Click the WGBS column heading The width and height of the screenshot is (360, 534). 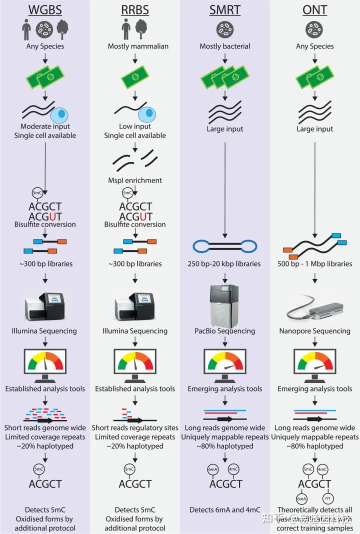point(45,9)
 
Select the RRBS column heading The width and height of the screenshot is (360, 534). point(135,9)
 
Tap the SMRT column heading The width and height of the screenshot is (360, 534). point(225,9)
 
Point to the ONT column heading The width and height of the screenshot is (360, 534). point(315,9)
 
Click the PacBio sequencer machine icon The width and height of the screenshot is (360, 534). point(224,304)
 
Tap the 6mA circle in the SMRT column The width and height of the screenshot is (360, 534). point(212,469)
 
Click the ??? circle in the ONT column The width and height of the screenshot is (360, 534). point(328,498)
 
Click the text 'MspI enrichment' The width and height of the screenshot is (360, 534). point(135,180)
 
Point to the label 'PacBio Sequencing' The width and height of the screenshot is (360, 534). point(225,331)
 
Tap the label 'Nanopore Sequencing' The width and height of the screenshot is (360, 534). point(315,331)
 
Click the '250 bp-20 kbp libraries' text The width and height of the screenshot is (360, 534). point(225,263)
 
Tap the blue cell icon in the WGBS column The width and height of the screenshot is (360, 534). point(61,115)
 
